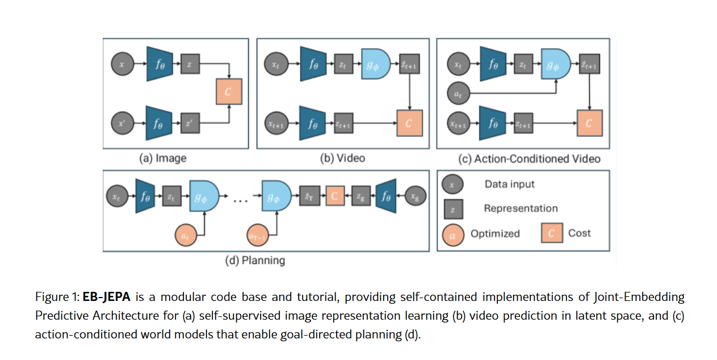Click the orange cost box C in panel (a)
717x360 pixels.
(x=229, y=92)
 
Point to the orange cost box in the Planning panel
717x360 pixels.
(x=334, y=196)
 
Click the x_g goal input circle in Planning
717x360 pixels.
(x=416, y=196)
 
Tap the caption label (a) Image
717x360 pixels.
(x=163, y=158)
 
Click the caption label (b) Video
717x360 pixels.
(x=342, y=158)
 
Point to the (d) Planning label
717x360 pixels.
(x=255, y=261)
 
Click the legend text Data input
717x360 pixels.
(x=509, y=184)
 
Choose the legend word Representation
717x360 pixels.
(x=521, y=208)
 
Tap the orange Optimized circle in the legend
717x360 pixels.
(x=452, y=233)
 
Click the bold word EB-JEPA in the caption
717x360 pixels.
(x=106, y=297)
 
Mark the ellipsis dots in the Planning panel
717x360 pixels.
(x=241, y=200)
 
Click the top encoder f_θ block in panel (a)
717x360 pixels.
(x=159, y=65)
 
